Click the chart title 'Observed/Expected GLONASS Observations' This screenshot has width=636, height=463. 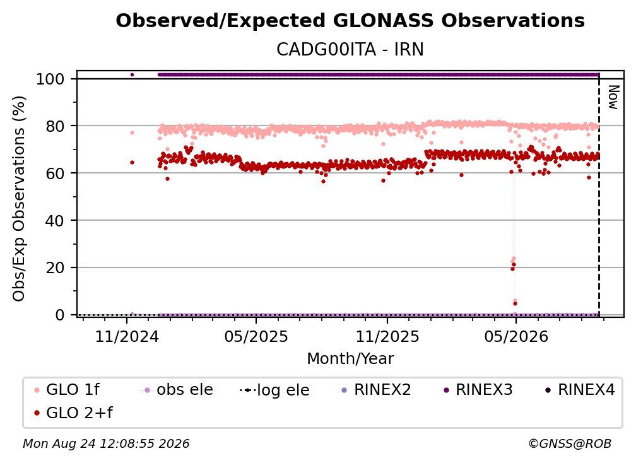tap(350, 21)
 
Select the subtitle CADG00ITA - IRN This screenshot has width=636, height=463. tap(350, 49)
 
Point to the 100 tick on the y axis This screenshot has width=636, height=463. tap(50, 79)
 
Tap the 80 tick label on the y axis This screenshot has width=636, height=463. tap(55, 127)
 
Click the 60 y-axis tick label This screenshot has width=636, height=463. tap(55, 173)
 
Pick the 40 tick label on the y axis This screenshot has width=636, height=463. tap(55, 221)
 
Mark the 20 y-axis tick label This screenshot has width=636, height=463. tap(55, 268)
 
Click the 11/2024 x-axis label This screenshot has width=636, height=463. tap(127, 337)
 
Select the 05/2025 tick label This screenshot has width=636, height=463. tap(256, 337)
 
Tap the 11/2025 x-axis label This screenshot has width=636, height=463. tap(387, 337)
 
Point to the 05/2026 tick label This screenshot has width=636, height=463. tap(516, 337)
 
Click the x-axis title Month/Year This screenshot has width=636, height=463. tap(350, 359)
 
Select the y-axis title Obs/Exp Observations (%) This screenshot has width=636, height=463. tap(19, 199)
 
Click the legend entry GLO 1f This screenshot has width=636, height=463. tap(68, 390)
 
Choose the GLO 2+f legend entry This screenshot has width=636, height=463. tap(73, 413)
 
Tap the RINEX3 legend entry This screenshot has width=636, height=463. tap(478, 390)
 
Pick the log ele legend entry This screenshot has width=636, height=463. tap(274, 390)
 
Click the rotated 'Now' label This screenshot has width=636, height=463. tap(613, 97)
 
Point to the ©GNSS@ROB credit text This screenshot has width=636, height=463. tap(570, 444)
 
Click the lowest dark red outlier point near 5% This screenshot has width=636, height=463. tap(515, 303)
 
